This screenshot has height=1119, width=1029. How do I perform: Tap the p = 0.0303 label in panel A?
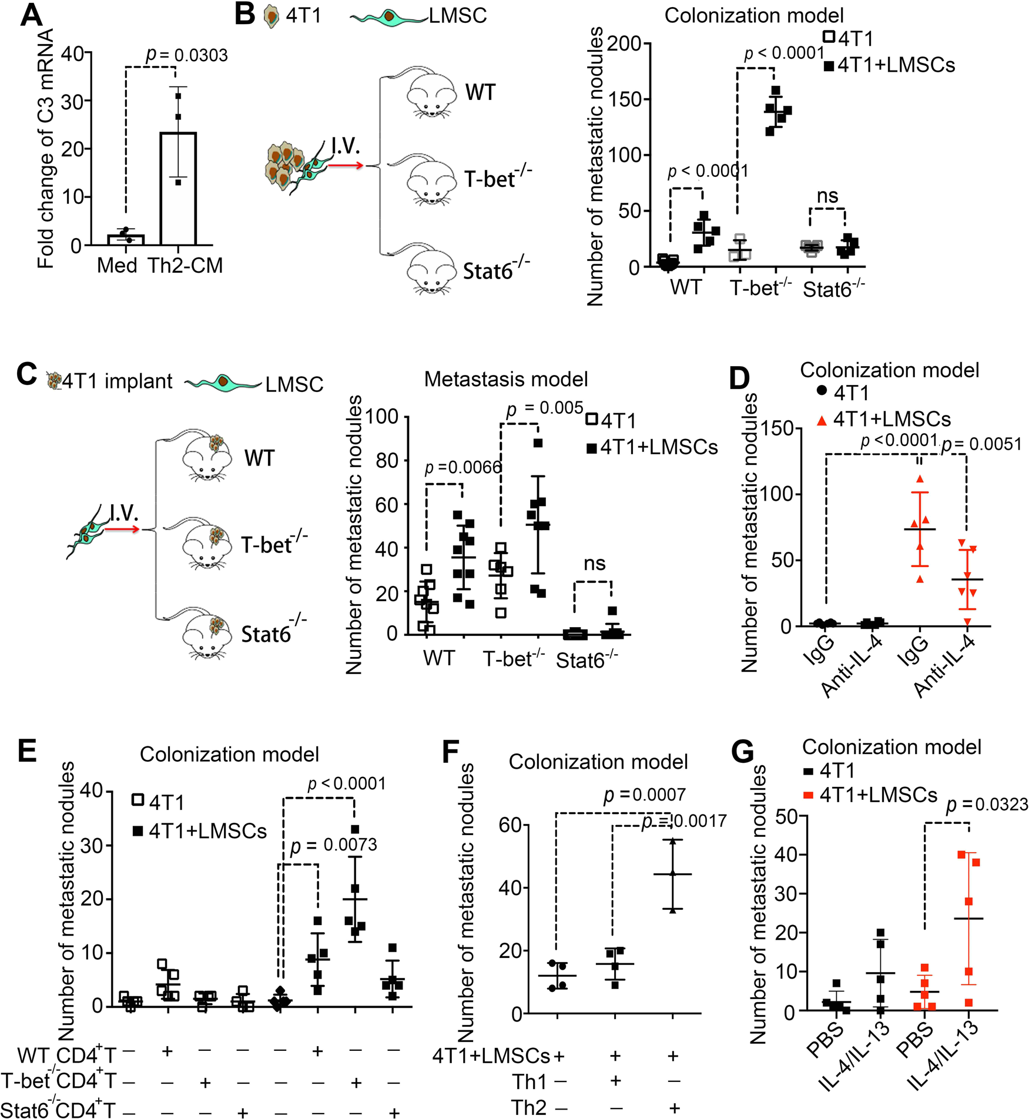[186, 55]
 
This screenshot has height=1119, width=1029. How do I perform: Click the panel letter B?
[244, 15]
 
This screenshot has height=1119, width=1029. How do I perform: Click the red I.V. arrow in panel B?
[346, 166]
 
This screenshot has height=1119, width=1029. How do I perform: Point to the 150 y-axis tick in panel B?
[625, 99]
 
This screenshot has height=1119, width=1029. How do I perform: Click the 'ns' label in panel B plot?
[827, 196]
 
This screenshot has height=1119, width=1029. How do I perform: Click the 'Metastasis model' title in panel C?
[505, 379]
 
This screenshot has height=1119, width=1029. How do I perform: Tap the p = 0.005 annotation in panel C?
[545, 408]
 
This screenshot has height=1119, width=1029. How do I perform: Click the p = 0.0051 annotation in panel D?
[981, 444]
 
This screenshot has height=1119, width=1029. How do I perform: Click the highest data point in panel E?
[355, 829]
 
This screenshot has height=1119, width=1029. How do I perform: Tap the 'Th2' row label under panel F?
[529, 1107]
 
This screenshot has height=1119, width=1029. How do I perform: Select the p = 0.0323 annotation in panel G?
[987, 805]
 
